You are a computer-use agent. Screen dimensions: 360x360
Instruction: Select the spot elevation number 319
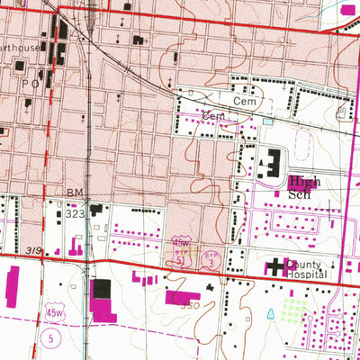point(34,250)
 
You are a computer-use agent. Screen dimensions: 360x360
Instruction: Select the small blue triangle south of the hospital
point(271,314)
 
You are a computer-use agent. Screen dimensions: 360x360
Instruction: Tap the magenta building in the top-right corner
point(349,9)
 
